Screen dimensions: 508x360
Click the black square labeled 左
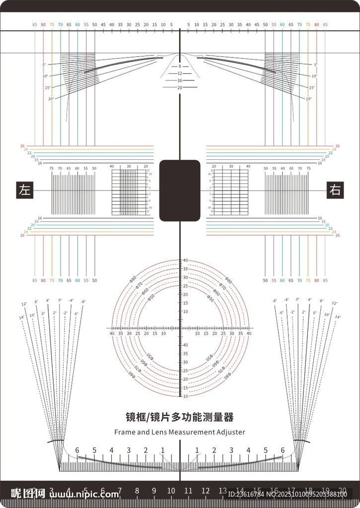(25, 190)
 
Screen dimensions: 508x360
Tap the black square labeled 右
(335, 190)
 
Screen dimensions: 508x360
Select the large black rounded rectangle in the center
(180, 190)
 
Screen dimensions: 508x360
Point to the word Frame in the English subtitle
(124, 432)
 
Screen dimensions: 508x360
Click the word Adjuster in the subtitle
(231, 432)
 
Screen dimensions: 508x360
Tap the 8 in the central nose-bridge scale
(180, 66)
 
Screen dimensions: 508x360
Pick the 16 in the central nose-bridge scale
(180, 80)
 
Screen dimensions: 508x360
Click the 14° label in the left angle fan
(21, 317)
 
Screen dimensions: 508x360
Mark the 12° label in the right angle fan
(334, 303)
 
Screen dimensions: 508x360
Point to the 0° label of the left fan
(60, 300)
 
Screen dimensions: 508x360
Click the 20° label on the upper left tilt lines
(51, 99)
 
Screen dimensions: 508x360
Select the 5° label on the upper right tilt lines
(315, 65)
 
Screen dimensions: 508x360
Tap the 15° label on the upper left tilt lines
(48, 87)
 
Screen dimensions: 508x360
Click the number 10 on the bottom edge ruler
(171, 491)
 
